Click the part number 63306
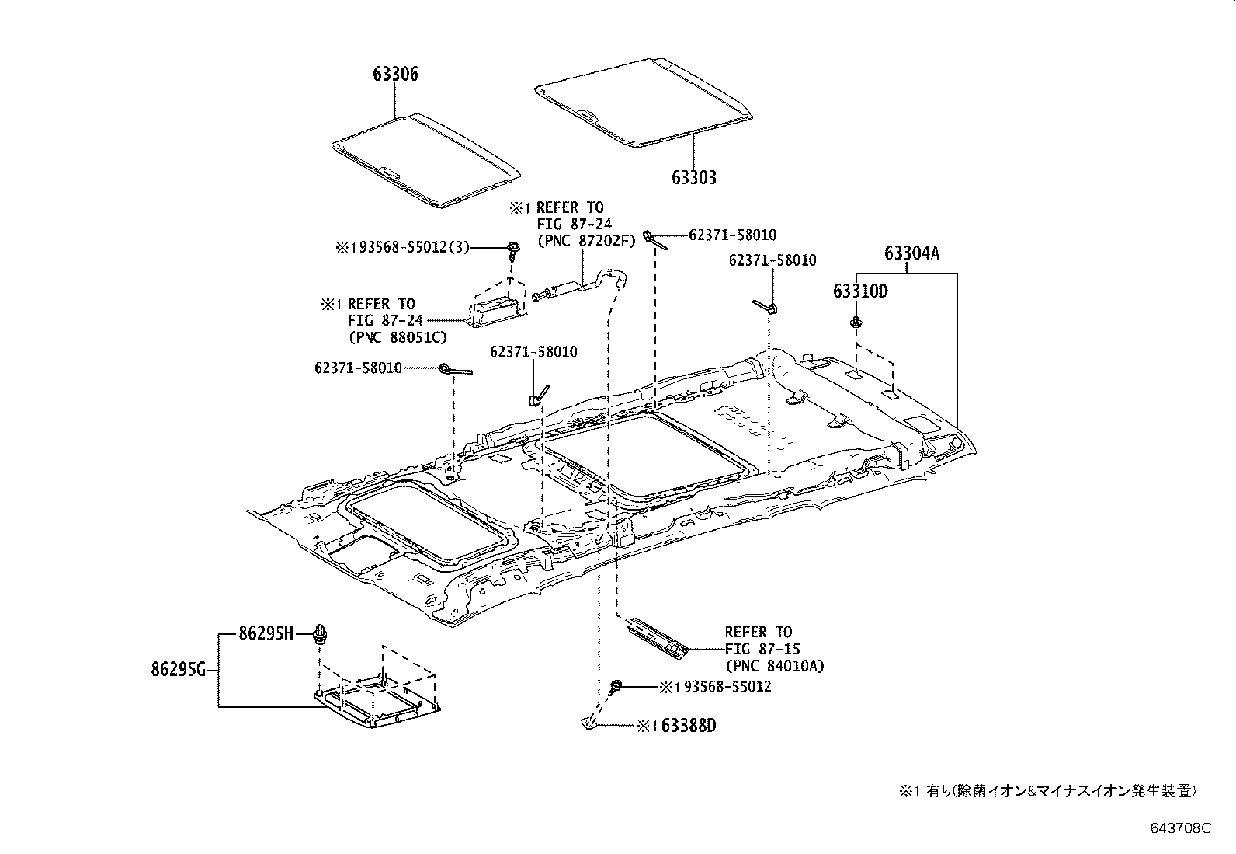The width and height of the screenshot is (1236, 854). pyautogui.click(x=395, y=75)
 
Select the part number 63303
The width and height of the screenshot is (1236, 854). pyautogui.click(x=694, y=177)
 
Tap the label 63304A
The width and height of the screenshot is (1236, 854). pyautogui.click(x=911, y=253)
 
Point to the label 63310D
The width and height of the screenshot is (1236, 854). pyautogui.click(x=859, y=291)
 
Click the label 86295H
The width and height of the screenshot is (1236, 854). pyautogui.click(x=266, y=634)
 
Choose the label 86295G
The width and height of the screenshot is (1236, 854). pyautogui.click(x=178, y=669)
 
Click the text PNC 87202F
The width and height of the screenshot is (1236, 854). pyautogui.click(x=586, y=241)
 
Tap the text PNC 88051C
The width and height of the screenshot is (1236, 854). pyautogui.click(x=397, y=337)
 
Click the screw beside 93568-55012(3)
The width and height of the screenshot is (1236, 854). pyautogui.click(x=512, y=250)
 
